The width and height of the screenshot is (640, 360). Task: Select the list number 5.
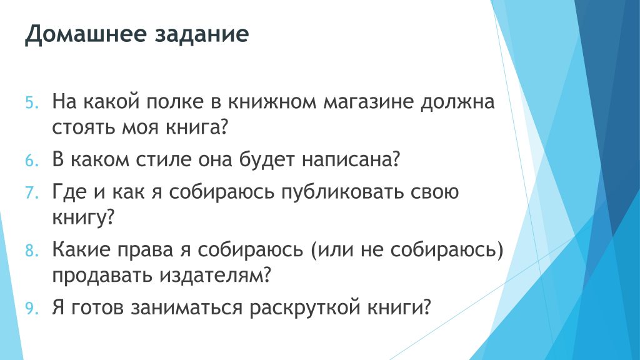tap(32, 102)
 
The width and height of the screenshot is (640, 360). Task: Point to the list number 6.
tap(32, 161)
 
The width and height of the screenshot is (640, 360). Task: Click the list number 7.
tap(32, 192)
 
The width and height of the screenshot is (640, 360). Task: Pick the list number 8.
tap(32, 251)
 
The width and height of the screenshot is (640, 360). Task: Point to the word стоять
tap(84, 128)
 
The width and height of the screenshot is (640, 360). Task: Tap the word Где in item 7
tap(69, 192)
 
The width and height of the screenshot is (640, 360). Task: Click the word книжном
tap(271, 102)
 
